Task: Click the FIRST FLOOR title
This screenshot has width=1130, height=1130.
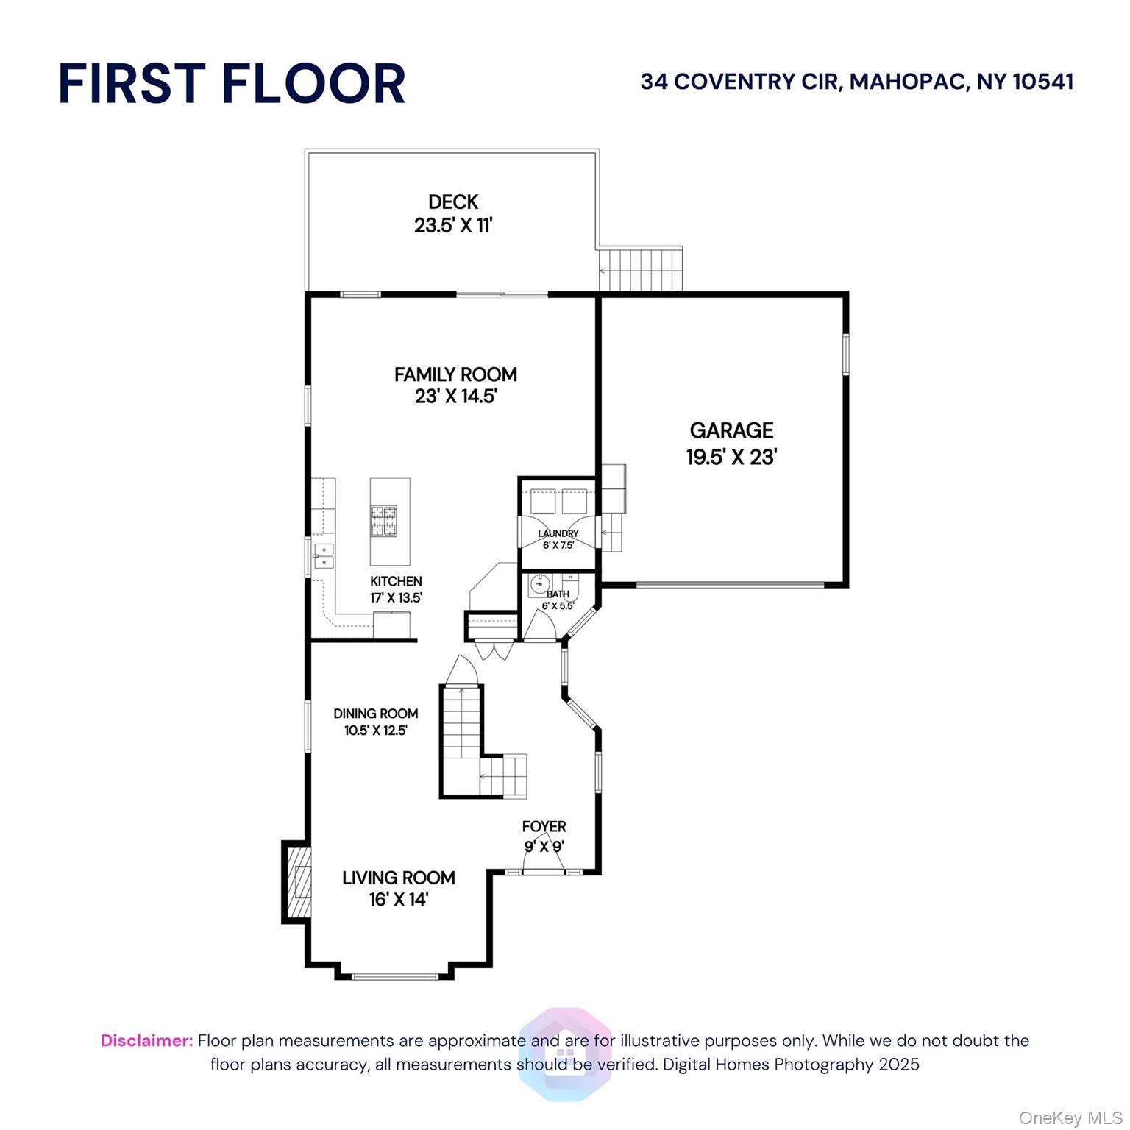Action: (x=232, y=83)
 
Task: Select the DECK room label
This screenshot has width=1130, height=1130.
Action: (x=453, y=202)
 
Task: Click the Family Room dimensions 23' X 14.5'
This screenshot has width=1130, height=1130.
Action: (x=455, y=397)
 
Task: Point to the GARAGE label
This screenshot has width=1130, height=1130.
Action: (x=731, y=430)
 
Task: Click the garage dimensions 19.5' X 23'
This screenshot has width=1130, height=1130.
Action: (x=731, y=457)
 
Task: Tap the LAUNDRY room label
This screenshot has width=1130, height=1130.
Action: (x=558, y=533)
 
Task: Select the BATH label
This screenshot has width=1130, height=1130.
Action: (x=558, y=594)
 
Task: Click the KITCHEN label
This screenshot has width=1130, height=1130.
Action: (x=396, y=581)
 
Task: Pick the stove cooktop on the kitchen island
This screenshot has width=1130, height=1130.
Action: (x=383, y=521)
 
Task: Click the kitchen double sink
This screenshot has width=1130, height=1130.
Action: (x=323, y=555)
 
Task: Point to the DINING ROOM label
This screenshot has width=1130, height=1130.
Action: (x=375, y=714)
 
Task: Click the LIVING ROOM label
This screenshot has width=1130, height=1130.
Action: (x=398, y=878)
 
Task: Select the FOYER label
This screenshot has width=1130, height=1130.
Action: (x=544, y=827)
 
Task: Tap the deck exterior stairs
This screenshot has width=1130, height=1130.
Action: (x=641, y=270)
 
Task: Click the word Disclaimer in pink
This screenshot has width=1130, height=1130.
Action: (x=146, y=1041)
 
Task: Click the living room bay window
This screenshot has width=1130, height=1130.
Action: (x=395, y=977)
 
